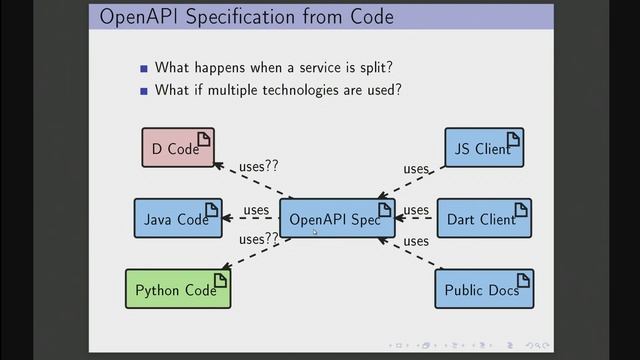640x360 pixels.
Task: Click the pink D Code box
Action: pyautogui.click(x=177, y=148)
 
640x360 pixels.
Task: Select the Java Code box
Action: pyautogui.click(x=177, y=219)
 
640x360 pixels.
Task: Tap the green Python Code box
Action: pyautogui.click(x=177, y=289)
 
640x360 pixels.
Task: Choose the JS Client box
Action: pyautogui.click(x=484, y=148)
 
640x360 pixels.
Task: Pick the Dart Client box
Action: pyautogui.click(x=484, y=219)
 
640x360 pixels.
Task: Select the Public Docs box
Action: pyautogui.click(x=484, y=289)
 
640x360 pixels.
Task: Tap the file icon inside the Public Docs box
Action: pyautogui.click(x=518, y=280)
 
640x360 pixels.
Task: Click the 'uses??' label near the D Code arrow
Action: pyautogui.click(x=258, y=166)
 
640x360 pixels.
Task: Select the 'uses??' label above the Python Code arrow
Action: pyautogui.click(x=257, y=239)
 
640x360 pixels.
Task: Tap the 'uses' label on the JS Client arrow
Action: pyautogui.click(x=416, y=169)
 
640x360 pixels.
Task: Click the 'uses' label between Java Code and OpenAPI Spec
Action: pyautogui.click(x=256, y=210)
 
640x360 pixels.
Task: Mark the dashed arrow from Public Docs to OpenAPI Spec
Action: pyautogui.click(x=410, y=254)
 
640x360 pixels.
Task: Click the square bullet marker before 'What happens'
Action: pyautogui.click(x=144, y=68)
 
